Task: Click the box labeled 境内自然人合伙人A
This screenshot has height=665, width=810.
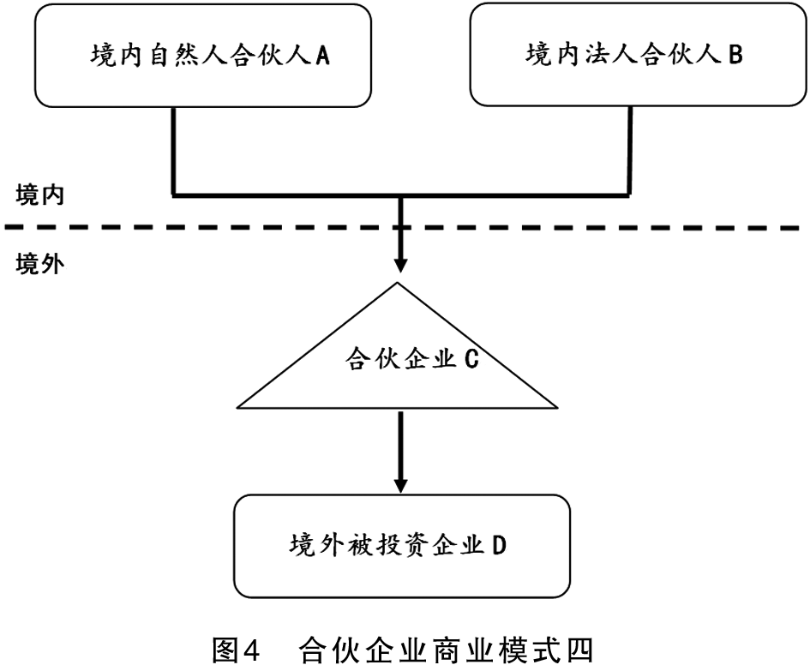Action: point(203,56)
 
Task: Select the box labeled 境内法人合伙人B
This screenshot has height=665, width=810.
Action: point(638,55)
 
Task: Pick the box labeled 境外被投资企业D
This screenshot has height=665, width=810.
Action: point(402,546)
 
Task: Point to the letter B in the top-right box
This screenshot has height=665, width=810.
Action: point(735,54)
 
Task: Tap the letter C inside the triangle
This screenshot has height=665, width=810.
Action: point(471,359)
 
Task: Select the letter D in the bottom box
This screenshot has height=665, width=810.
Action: point(498,545)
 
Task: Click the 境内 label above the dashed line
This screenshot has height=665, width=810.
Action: point(39,195)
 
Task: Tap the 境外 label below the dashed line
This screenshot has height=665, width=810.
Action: point(39,264)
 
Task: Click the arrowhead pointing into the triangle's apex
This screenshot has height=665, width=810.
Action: point(400,264)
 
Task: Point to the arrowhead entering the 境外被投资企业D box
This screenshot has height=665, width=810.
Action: point(401,485)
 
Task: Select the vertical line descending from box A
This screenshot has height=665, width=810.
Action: point(173,152)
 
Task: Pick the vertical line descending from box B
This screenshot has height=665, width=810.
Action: point(630,151)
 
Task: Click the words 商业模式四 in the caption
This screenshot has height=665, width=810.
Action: point(526,649)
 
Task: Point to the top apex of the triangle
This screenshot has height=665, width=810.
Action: point(397,283)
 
